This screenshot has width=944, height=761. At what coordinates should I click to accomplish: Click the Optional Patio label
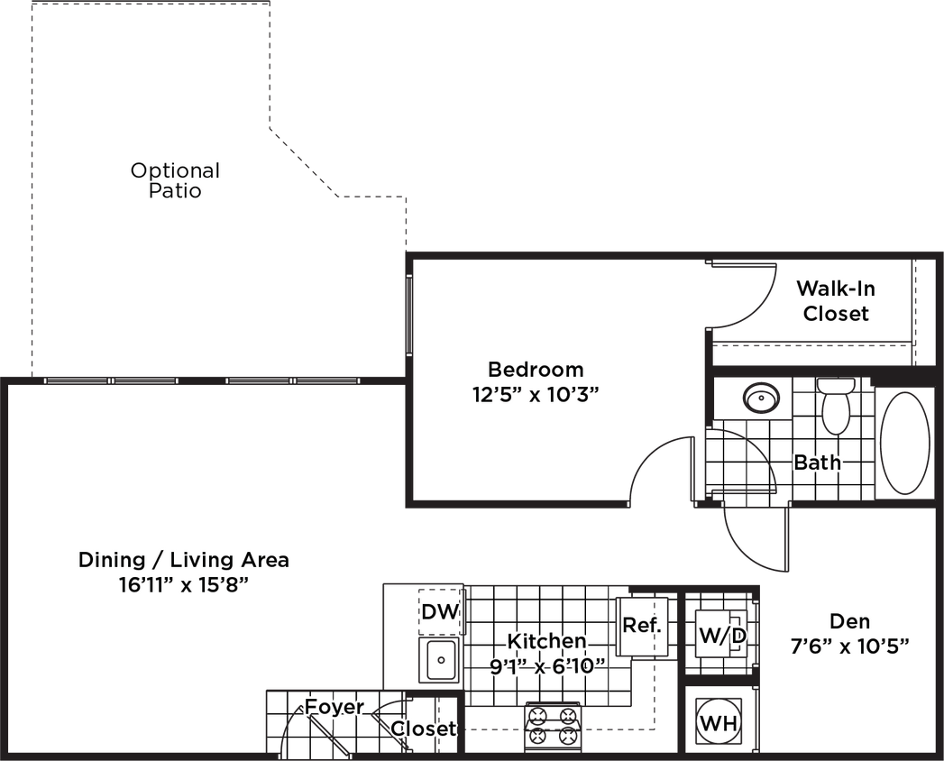pyautogui.click(x=175, y=180)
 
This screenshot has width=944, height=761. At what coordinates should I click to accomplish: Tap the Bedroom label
pyautogui.click(x=536, y=370)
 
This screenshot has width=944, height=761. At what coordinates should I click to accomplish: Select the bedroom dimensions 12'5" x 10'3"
pyautogui.click(x=536, y=395)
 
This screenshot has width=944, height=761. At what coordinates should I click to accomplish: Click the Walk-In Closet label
pyautogui.click(x=836, y=301)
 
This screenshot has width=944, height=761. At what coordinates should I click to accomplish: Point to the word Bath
pyautogui.click(x=818, y=463)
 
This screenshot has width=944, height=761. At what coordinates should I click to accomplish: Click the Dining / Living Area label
pyautogui.click(x=183, y=560)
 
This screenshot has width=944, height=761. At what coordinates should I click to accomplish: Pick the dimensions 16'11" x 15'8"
pyautogui.click(x=183, y=584)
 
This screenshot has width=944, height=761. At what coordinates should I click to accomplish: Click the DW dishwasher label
pyautogui.click(x=440, y=612)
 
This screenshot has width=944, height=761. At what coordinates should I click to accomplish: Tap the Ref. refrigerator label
pyautogui.click(x=642, y=625)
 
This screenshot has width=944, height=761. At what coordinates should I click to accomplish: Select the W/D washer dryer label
pyautogui.click(x=722, y=636)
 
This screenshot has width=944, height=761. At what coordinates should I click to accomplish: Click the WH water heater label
pyautogui.click(x=719, y=724)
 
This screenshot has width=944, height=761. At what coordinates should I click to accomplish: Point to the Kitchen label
pyautogui.click(x=546, y=641)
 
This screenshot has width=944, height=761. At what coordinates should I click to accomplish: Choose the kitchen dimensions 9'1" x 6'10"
pyautogui.click(x=546, y=666)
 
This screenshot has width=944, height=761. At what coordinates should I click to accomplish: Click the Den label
pyautogui.click(x=849, y=620)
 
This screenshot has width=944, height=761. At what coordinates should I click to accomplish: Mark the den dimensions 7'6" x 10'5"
pyautogui.click(x=849, y=646)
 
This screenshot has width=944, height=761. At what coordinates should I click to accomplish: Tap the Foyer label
pyautogui.click(x=334, y=707)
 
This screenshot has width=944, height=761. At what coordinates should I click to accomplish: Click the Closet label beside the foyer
pyautogui.click(x=423, y=728)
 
